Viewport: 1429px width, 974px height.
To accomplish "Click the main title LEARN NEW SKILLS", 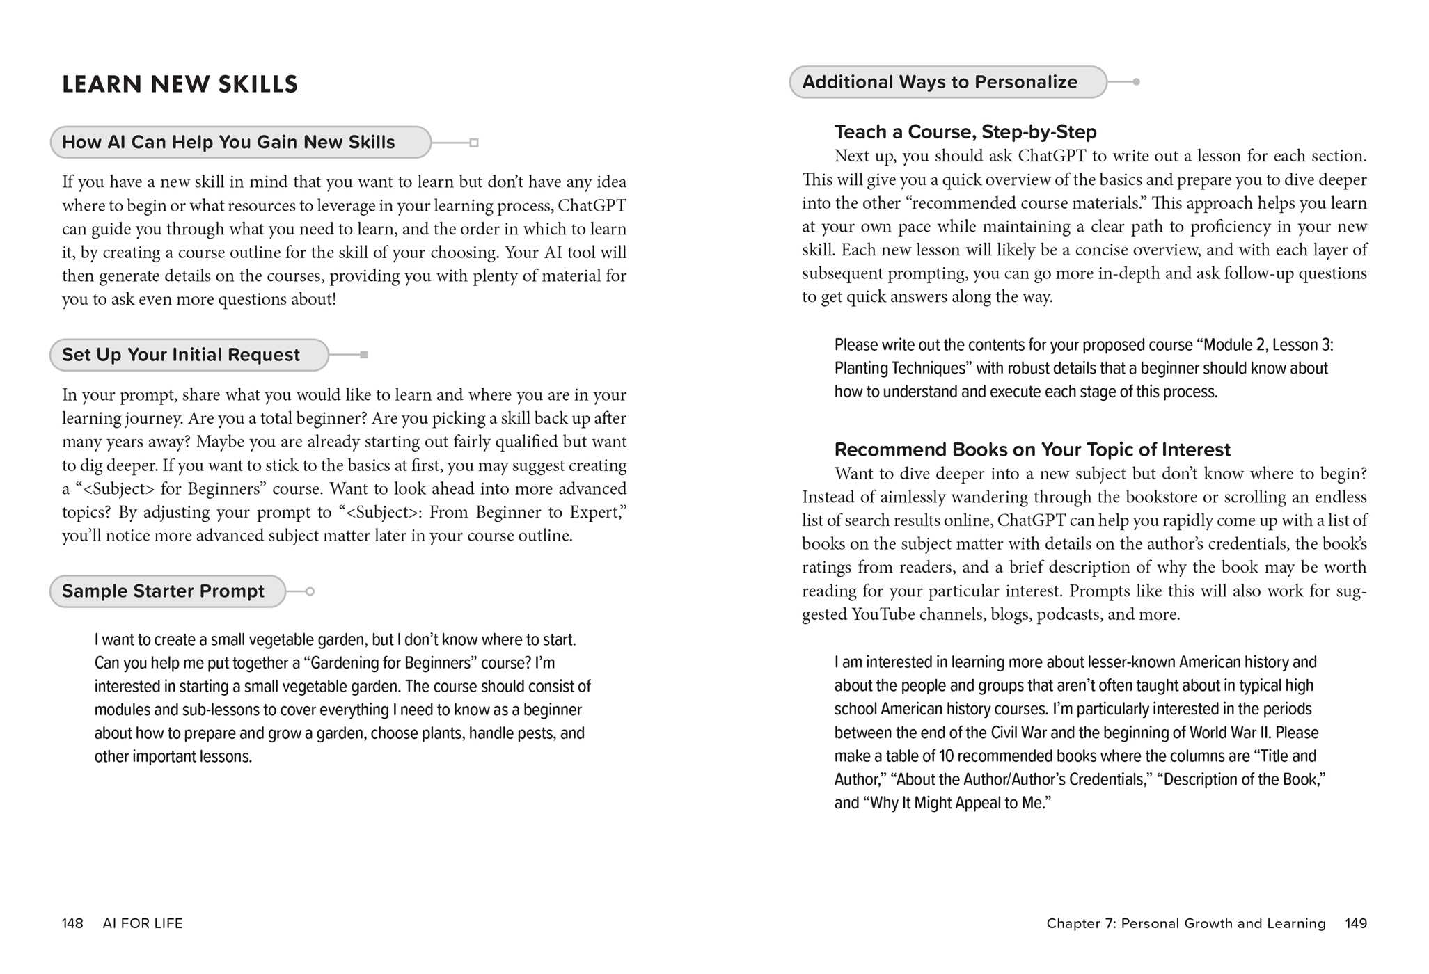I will [180, 84].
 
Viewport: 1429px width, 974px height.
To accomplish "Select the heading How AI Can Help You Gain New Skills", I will [228, 143].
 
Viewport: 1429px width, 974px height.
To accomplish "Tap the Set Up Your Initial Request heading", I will [181, 355].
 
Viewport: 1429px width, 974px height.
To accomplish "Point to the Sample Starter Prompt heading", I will [163, 591].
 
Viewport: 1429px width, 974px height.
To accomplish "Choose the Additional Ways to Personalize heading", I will [940, 82].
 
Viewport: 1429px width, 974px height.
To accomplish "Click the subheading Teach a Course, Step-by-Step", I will [965, 131].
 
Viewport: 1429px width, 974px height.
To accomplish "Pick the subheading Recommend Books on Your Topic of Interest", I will [1032, 449].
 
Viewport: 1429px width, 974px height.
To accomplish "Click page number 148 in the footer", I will [72, 923].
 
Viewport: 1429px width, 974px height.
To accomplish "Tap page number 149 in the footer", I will [1356, 923].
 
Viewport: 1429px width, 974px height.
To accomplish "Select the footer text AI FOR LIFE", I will [143, 923].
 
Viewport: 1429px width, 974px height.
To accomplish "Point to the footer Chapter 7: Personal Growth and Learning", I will [1186, 923].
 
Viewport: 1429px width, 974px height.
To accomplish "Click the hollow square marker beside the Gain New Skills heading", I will [474, 143].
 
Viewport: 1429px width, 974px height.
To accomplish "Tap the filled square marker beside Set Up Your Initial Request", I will [363, 355].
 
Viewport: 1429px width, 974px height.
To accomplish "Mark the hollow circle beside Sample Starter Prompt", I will [310, 591].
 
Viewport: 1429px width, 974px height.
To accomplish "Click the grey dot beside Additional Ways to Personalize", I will [1136, 82].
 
